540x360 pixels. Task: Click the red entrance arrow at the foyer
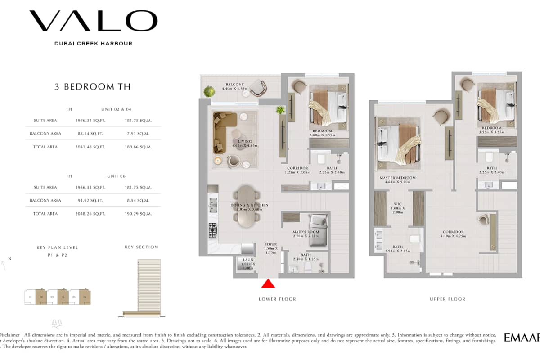[x=268, y=283]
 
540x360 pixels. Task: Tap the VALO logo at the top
[x=94, y=21]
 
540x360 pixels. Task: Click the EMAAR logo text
[x=522, y=338]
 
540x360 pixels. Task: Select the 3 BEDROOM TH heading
[x=93, y=87]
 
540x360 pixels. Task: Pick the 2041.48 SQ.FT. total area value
[x=90, y=147]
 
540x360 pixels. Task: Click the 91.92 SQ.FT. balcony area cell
[x=90, y=200]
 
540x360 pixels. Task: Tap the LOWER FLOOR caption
[x=277, y=299]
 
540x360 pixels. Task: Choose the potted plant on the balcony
[x=209, y=92]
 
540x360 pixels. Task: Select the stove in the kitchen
[x=212, y=230]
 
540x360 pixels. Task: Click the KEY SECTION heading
[x=141, y=247]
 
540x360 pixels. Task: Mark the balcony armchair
[x=259, y=88]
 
